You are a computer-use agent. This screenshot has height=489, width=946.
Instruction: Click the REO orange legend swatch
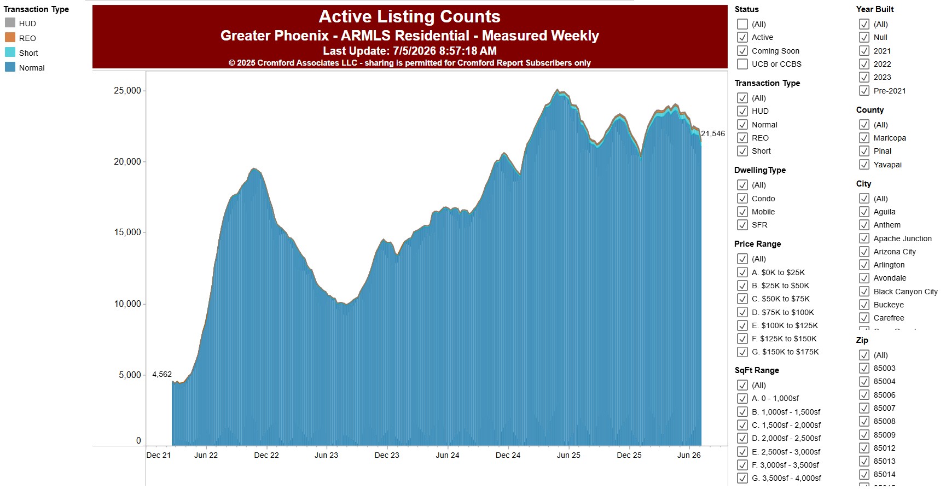[10, 38]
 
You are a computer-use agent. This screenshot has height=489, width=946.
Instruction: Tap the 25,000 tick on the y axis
[127, 91]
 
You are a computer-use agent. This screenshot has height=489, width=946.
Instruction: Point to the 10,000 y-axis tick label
[127, 304]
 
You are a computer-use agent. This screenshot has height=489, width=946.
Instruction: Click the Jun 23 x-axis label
[327, 455]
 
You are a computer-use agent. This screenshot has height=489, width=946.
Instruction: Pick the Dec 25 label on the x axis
[629, 455]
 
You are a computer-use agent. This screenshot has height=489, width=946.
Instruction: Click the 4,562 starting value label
[162, 375]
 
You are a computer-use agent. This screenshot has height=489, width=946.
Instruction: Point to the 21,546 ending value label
[713, 133]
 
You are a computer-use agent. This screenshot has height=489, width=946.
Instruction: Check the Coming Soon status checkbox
[742, 51]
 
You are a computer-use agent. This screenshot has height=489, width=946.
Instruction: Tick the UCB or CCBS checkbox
[742, 64]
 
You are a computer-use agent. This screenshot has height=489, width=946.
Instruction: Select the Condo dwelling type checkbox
[742, 199]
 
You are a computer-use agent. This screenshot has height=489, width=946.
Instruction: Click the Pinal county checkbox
[864, 151]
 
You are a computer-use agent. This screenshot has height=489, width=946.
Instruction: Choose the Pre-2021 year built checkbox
[864, 91]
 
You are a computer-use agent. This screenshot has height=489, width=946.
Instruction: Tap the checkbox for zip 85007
[864, 408]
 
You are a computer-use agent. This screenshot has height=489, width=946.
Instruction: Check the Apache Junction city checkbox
[864, 238]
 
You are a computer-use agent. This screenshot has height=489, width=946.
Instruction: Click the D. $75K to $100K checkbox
[742, 312]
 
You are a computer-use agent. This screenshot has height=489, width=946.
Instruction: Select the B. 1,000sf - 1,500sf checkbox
[742, 412]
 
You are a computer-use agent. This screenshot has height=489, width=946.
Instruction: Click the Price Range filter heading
[758, 244]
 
